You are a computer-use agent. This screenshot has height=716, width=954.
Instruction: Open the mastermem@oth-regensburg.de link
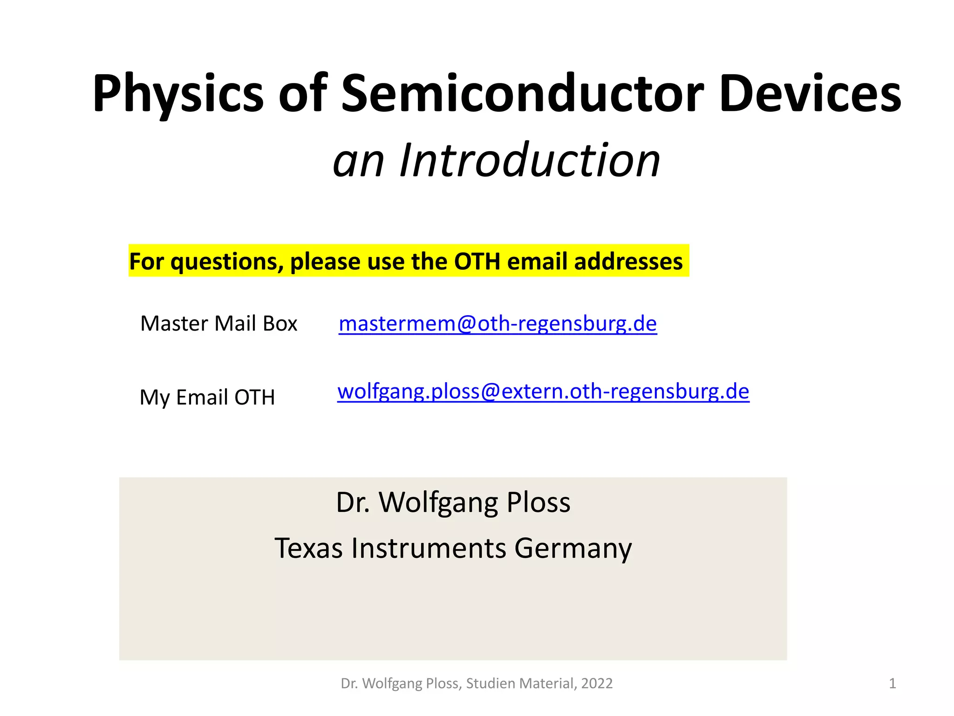coord(497,324)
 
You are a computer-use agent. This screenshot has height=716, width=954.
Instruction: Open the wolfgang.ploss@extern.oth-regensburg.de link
coord(543,391)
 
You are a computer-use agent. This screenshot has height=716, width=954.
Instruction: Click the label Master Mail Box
coord(218,324)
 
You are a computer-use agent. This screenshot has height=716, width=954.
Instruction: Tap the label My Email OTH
coord(207,398)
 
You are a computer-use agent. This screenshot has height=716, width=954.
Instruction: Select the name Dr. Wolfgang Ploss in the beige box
coord(453,503)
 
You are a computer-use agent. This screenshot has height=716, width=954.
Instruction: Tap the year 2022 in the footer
coord(597,683)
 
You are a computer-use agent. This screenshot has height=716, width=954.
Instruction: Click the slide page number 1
coord(892,683)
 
